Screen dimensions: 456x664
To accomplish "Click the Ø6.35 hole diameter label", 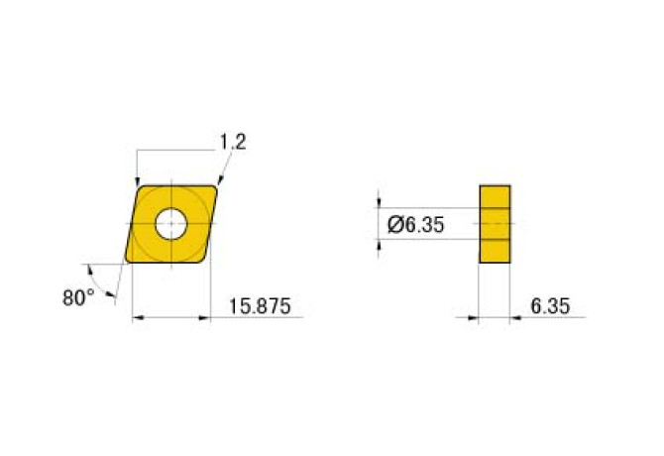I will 413,225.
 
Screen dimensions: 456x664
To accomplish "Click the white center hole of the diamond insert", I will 170,225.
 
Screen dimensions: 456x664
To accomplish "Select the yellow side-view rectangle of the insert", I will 495,224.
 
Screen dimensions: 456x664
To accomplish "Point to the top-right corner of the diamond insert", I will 216,187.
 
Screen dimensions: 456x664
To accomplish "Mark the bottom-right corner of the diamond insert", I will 205,261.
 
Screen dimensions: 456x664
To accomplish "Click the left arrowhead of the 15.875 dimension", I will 137,318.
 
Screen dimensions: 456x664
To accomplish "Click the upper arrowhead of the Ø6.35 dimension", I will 381,205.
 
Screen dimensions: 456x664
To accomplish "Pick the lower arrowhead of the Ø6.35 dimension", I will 381,244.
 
